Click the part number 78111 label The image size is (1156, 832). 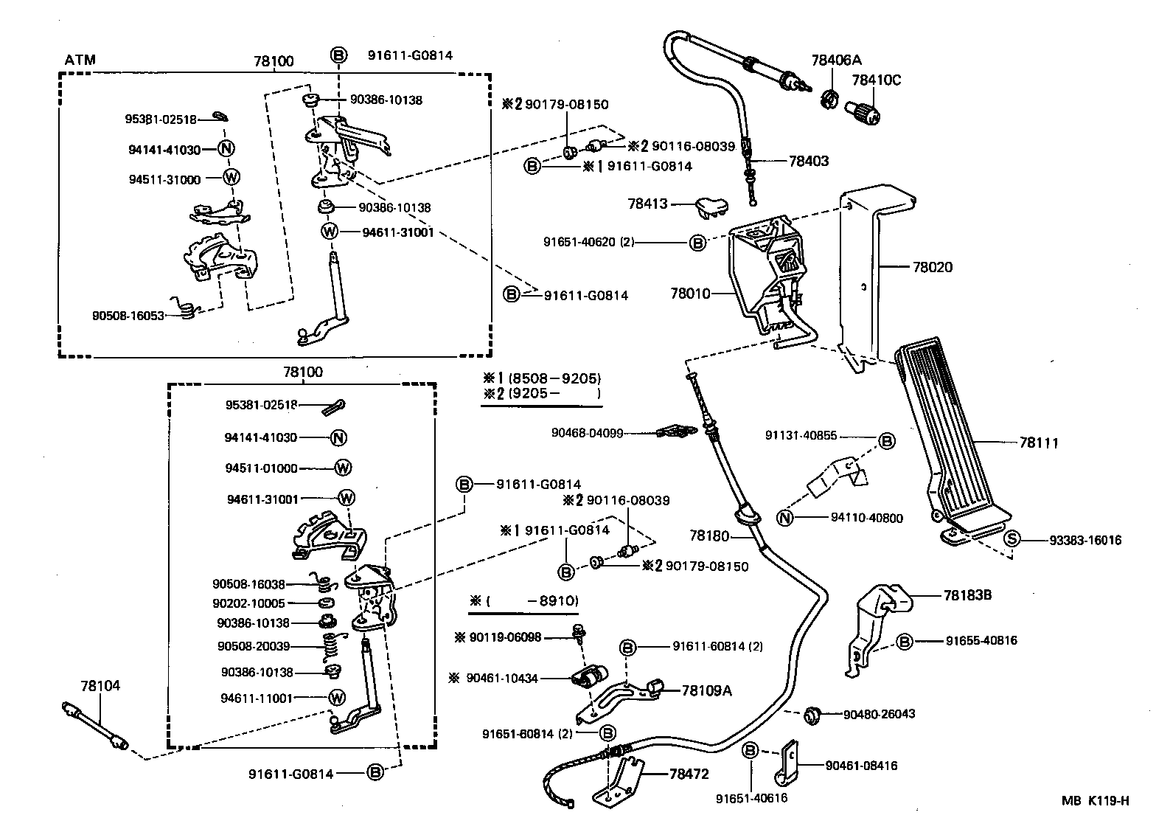click(1039, 443)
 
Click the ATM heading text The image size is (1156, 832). click(80, 60)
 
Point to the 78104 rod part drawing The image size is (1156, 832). click(94, 727)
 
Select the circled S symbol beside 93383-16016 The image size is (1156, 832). click(1012, 540)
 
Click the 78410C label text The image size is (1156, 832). click(877, 80)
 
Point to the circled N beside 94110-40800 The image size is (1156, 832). click(785, 518)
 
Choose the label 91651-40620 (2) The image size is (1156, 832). click(589, 241)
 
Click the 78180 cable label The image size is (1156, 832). click(709, 535)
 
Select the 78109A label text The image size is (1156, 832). click(706, 690)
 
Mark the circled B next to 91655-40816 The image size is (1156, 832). click(905, 640)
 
